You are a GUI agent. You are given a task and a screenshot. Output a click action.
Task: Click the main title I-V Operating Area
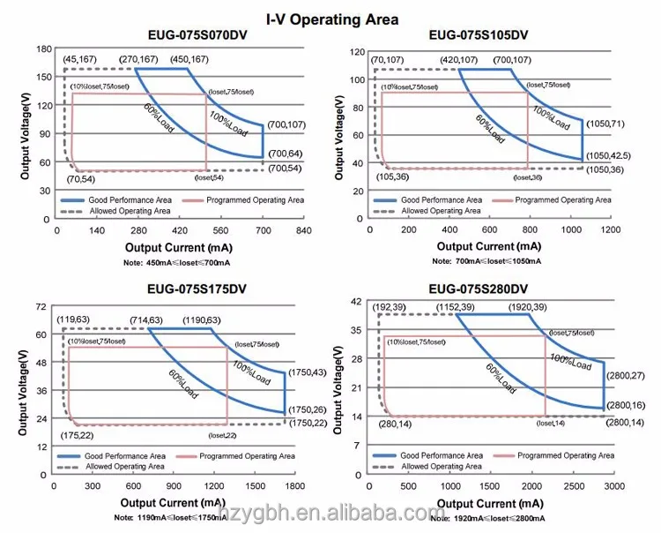pyautogui.click(x=332, y=19)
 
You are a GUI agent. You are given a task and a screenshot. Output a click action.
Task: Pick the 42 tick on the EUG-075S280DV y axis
pyautogui.click(x=357, y=302)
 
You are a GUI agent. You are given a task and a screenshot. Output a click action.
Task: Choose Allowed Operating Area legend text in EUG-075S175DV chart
pyautogui.click(x=123, y=466)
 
